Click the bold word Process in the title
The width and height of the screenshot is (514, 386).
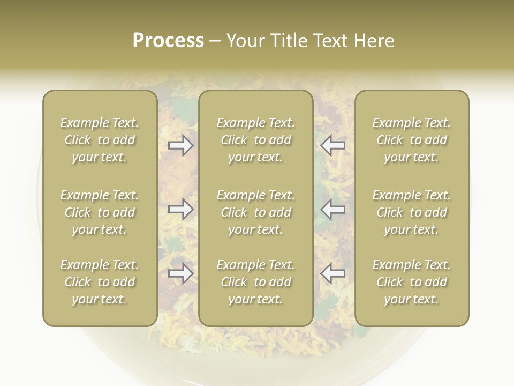[x=168, y=40]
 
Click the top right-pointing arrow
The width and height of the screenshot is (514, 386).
[x=181, y=145]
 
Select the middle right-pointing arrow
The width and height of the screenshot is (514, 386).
[x=181, y=209]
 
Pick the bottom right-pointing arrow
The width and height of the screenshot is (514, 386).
[x=181, y=273]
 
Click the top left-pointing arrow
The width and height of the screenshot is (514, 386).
[x=333, y=145]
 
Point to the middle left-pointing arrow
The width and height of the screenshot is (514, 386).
[x=333, y=209]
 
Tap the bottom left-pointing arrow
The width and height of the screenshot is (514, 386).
[x=333, y=273]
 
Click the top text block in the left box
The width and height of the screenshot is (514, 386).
[x=100, y=140]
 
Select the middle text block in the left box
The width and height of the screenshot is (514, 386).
[x=100, y=212]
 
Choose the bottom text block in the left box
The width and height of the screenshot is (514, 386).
[x=100, y=282]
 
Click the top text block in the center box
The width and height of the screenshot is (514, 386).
[x=256, y=140]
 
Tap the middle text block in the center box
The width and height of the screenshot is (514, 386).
[x=256, y=212]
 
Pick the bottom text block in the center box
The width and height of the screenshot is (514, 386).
[x=256, y=282]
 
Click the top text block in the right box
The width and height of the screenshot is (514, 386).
[x=412, y=140]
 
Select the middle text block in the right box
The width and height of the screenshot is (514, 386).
[x=412, y=212]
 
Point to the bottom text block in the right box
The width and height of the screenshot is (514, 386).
[x=412, y=282]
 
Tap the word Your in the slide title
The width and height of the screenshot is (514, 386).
[x=246, y=40]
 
